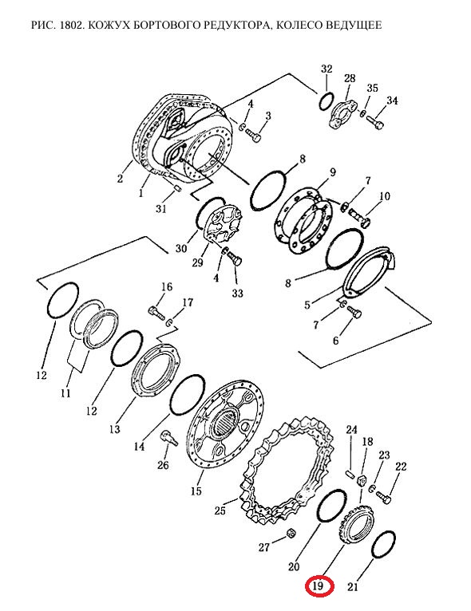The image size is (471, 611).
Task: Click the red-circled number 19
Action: pos(319,585)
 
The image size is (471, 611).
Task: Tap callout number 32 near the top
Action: pos(327,69)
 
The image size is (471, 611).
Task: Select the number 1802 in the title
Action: pos(71,26)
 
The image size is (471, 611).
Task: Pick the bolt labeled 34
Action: pos(374,121)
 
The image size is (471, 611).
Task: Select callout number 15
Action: pos(196,491)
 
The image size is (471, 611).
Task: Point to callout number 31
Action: pos(160,209)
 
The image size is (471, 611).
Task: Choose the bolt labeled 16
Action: pos(155,313)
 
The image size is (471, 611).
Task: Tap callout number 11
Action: pos(65,392)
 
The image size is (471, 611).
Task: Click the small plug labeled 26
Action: pos(168,437)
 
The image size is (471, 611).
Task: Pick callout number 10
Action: pos(385,196)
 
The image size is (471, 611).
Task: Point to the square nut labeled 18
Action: pos(362,482)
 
